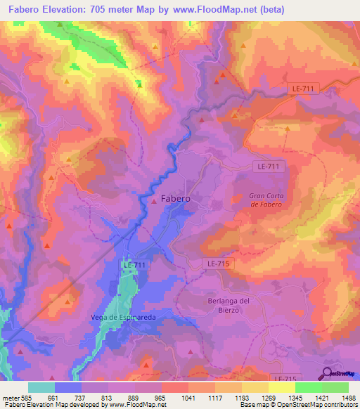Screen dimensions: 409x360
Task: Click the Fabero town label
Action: point(176,199)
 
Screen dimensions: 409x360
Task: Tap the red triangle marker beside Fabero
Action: point(155,201)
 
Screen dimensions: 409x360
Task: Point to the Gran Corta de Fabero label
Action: point(266,200)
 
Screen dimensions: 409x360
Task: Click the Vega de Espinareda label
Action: point(123,318)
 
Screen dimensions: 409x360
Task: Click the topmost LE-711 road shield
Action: point(304,88)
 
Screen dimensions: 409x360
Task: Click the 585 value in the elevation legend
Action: point(24,398)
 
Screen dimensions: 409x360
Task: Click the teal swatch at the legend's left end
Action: point(41,387)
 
